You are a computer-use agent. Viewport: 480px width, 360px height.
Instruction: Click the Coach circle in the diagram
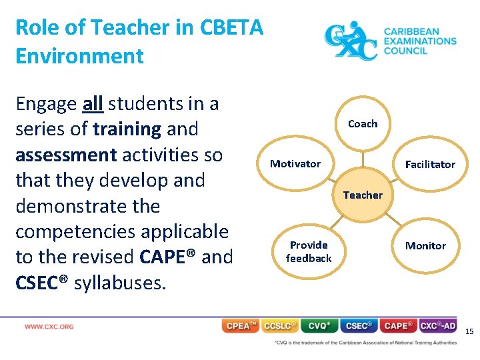tap(363, 123)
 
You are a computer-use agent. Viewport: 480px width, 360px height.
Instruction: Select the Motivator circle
tap(295, 164)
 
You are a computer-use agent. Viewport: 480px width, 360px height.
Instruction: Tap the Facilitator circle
tap(430, 164)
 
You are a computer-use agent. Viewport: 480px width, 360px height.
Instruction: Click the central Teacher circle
tap(363, 195)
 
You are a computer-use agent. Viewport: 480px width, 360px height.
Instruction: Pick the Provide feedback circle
tap(309, 251)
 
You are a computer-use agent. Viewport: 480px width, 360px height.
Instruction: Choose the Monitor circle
tap(425, 245)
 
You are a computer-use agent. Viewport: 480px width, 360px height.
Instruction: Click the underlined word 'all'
tap(92, 104)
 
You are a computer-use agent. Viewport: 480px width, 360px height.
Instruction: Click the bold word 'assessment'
tap(66, 155)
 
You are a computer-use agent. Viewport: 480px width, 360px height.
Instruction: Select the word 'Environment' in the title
tap(79, 55)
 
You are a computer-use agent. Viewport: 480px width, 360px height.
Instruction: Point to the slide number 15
tap(469, 331)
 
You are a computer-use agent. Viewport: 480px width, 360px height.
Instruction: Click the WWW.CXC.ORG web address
tap(49, 327)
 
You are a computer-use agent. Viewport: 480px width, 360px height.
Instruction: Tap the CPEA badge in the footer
tap(241, 326)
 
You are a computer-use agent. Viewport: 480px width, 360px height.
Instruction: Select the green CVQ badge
tap(319, 326)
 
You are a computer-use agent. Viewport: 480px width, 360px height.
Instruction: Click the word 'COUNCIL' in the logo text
tap(405, 51)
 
